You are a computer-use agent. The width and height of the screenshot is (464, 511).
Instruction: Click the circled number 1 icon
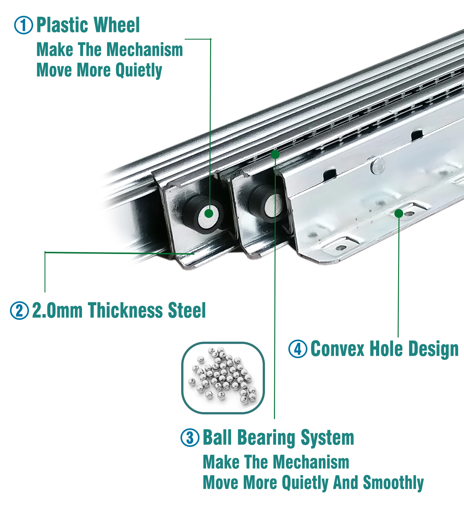coord(23,25)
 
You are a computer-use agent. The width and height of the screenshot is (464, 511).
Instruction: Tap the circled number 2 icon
coord(19,311)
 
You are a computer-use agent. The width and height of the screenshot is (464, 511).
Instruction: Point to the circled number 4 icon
coord(298,349)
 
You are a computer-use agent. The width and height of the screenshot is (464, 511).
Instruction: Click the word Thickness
coord(125,311)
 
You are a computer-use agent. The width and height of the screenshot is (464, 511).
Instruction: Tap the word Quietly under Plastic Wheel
coord(139,70)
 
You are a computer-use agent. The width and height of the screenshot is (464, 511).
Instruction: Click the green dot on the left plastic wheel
coord(209,213)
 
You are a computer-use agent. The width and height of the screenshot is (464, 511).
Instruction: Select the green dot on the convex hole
coord(399,213)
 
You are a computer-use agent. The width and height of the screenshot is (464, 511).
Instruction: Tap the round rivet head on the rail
coord(378,166)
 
